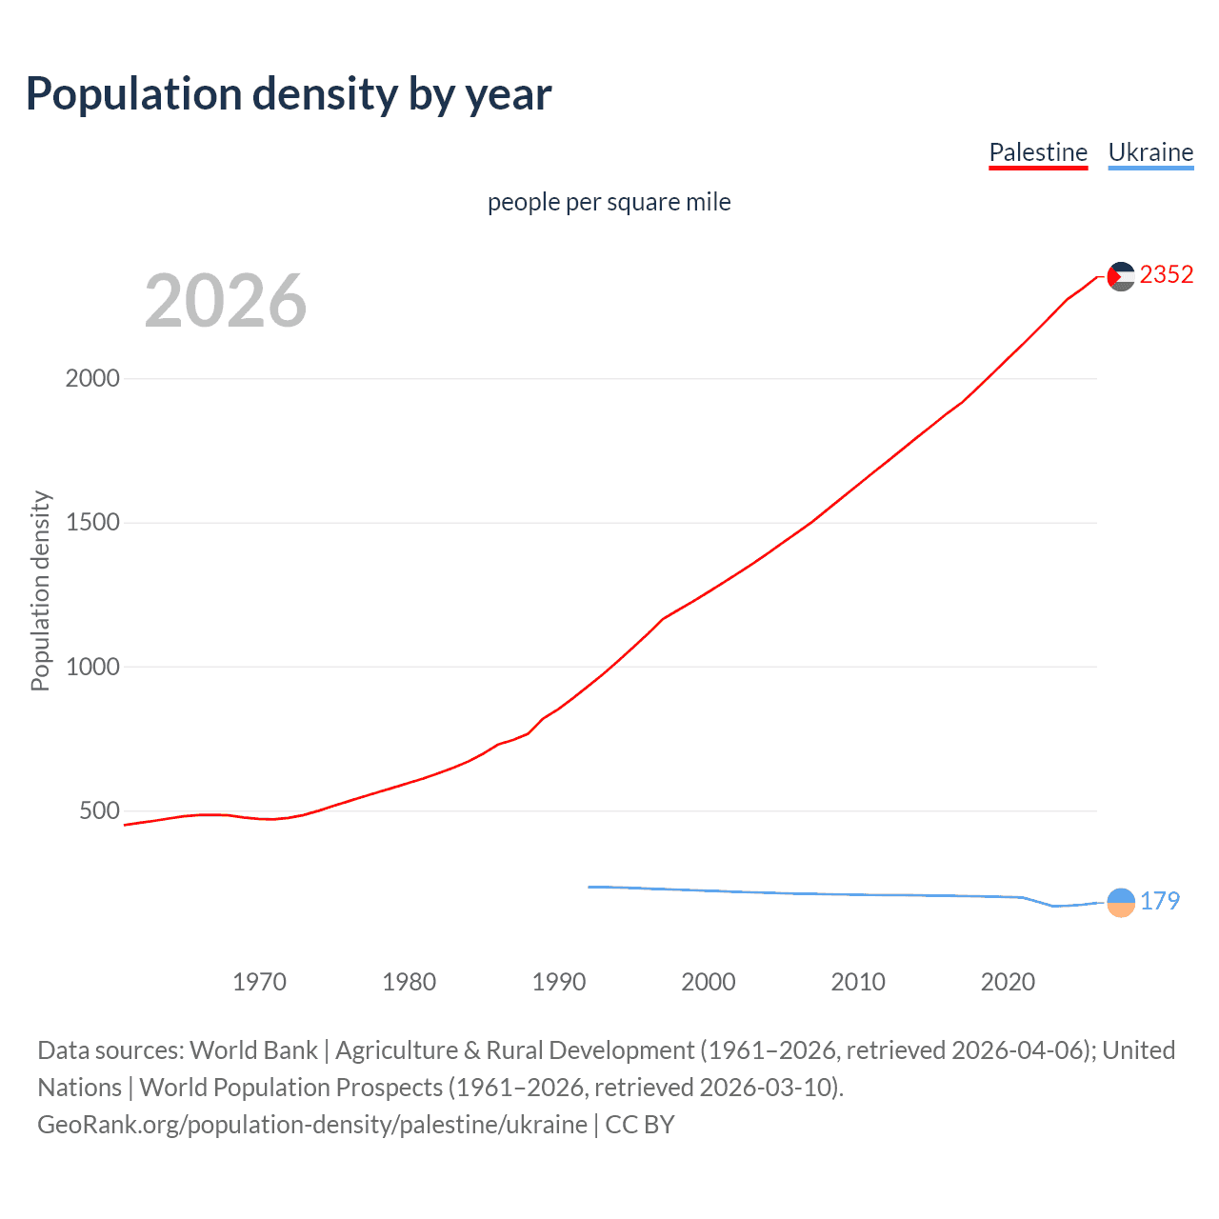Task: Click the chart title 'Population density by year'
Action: point(289,94)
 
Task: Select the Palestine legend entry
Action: point(1038,152)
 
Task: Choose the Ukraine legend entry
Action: point(1150,152)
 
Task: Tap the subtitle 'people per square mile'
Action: point(609,202)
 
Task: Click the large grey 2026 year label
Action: point(226,301)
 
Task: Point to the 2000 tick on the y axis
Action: point(92,378)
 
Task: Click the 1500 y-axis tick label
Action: point(92,523)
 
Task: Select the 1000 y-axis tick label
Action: point(92,667)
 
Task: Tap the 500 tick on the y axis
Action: point(100,811)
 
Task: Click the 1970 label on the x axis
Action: point(259,982)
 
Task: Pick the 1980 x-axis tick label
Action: point(409,982)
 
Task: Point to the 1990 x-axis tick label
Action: point(559,982)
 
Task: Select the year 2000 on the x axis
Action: point(709,982)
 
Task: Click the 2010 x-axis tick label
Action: point(858,982)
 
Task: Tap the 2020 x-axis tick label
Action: point(1008,982)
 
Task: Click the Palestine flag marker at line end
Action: point(1121,276)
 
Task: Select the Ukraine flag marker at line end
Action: point(1121,902)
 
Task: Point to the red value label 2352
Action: point(1167,275)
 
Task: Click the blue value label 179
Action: point(1160,901)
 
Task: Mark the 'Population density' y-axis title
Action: point(40,590)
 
